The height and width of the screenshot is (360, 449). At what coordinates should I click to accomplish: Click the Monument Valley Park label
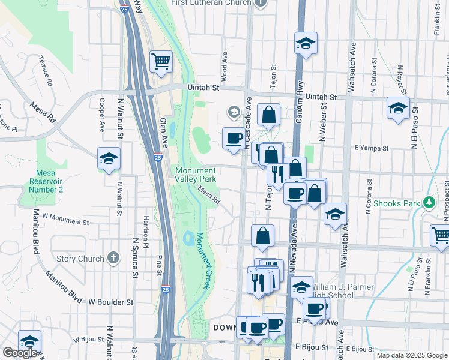(195, 175)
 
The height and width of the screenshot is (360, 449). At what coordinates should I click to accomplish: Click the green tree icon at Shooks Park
(429, 202)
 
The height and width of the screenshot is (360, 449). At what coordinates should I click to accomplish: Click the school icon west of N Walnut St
(109, 159)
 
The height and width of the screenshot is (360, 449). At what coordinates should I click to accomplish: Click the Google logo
(19, 352)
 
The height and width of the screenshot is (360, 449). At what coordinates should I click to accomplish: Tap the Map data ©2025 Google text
(412, 355)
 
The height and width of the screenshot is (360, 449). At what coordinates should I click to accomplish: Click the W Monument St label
(65, 219)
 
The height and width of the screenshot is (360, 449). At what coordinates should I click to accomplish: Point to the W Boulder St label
(110, 302)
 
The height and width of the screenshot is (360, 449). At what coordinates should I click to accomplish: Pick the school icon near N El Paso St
(397, 109)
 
